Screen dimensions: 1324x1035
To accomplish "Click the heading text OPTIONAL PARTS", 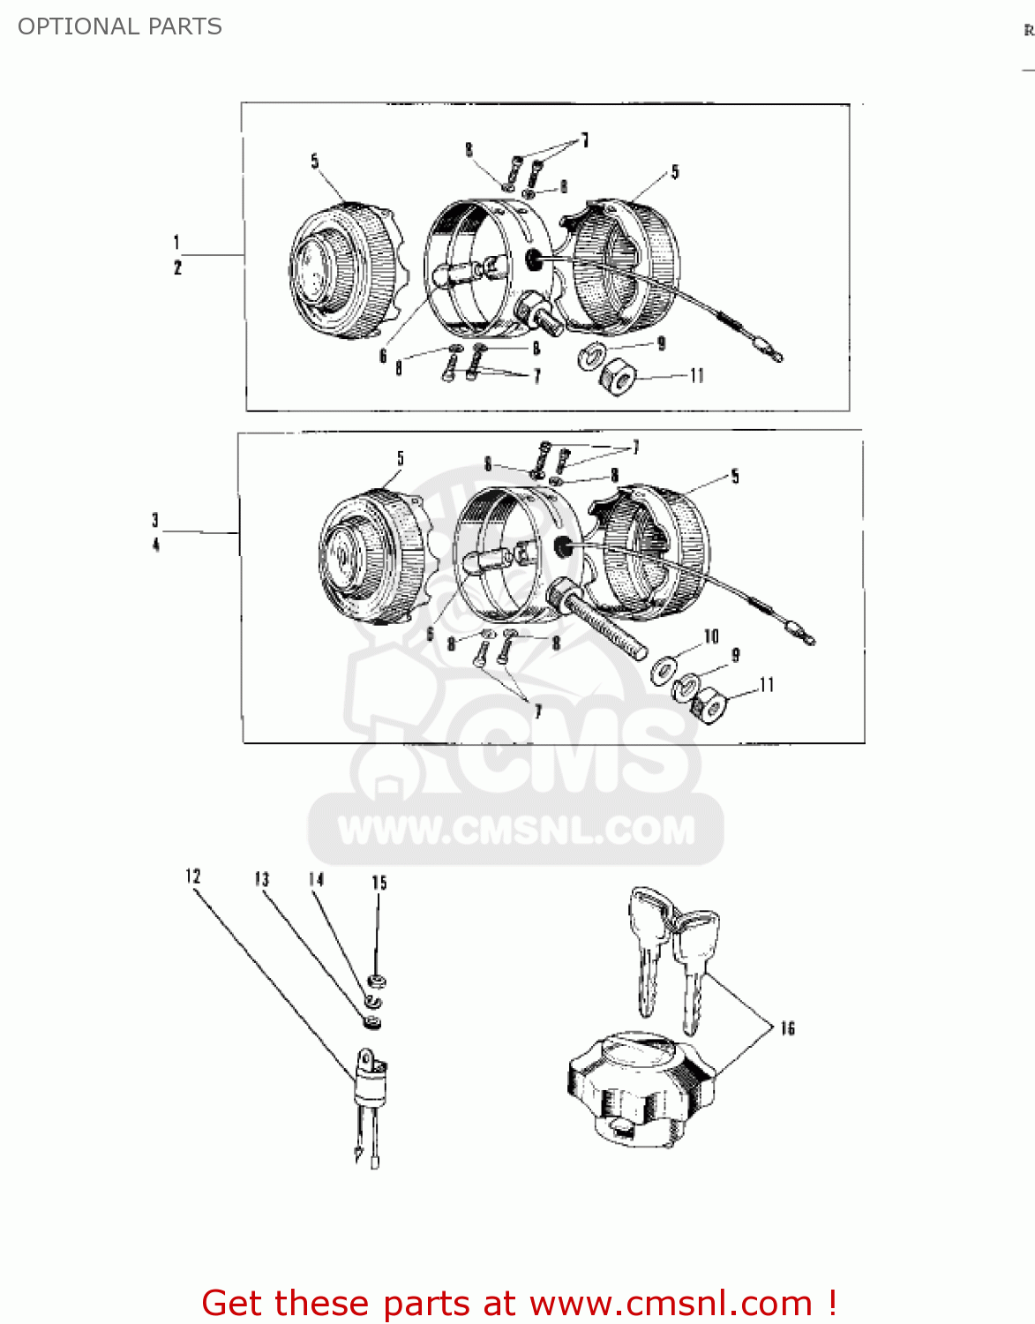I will (x=120, y=26).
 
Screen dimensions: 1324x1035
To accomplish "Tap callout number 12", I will (x=193, y=876).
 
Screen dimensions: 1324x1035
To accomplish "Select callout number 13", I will (x=261, y=879).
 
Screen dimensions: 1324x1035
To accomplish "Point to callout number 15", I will (x=379, y=883).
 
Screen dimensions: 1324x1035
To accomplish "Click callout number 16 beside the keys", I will (x=787, y=1028).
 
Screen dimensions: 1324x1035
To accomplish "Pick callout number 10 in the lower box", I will (x=711, y=636).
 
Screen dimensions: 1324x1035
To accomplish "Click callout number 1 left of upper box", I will (x=176, y=242).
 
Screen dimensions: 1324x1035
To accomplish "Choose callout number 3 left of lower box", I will (x=155, y=520).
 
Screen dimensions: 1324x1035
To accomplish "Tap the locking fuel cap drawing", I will (x=640, y=1090).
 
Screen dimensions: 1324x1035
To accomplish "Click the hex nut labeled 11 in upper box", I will (x=618, y=380).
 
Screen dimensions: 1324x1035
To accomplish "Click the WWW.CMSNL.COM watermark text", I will (x=516, y=831).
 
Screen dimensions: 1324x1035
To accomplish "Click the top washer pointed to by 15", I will (x=377, y=981).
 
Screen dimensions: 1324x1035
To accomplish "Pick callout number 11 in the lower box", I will (x=766, y=685).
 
